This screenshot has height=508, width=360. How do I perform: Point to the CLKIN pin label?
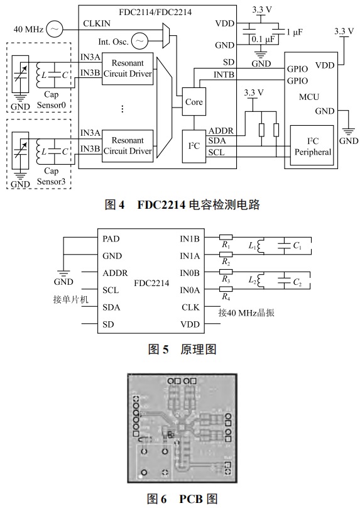point(97,24)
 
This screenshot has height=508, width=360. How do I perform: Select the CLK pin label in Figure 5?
point(189,307)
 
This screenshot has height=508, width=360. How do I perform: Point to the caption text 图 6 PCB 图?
point(180,499)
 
